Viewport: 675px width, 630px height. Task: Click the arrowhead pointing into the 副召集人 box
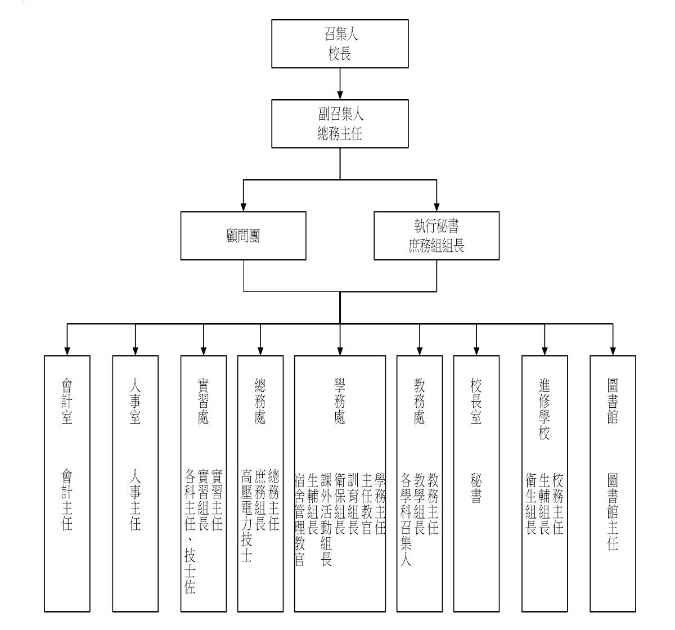pyautogui.click(x=340, y=95)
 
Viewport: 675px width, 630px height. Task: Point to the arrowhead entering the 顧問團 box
pyautogui.click(x=244, y=207)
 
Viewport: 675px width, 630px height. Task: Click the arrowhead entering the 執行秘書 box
pyautogui.click(x=436, y=207)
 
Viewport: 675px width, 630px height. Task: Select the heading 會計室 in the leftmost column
pyautogui.click(x=67, y=401)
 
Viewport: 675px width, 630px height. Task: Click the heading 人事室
pyautogui.click(x=135, y=401)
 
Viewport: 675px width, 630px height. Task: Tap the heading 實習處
pyautogui.click(x=203, y=401)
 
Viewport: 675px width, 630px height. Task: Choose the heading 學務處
pyautogui.click(x=340, y=401)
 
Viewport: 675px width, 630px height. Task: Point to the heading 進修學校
pyautogui.click(x=544, y=409)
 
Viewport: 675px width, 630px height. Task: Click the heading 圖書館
pyautogui.click(x=613, y=401)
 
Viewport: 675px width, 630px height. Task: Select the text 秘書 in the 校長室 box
pyautogui.click(x=476, y=488)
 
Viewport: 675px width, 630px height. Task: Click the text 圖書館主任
pyautogui.click(x=613, y=511)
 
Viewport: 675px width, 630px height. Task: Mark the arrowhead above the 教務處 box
pyautogui.click(x=420, y=351)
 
